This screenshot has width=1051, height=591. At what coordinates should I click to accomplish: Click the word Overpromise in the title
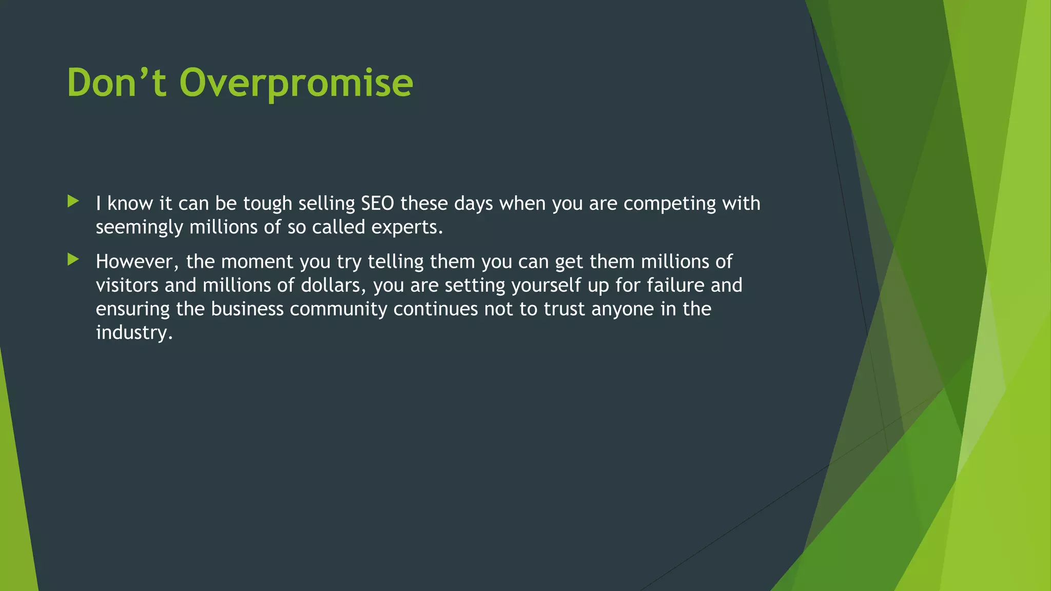click(296, 83)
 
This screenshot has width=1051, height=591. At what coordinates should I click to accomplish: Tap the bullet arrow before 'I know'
click(73, 201)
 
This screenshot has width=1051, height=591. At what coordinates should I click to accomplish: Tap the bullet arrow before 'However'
click(73, 260)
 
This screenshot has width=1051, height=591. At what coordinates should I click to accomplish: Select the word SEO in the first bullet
click(377, 204)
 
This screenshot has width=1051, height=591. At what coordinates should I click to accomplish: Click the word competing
click(670, 204)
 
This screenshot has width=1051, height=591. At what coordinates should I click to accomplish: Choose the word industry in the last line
click(134, 333)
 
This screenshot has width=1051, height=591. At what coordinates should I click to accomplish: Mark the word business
click(247, 309)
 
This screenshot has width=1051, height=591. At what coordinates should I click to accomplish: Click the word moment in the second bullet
click(257, 262)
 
